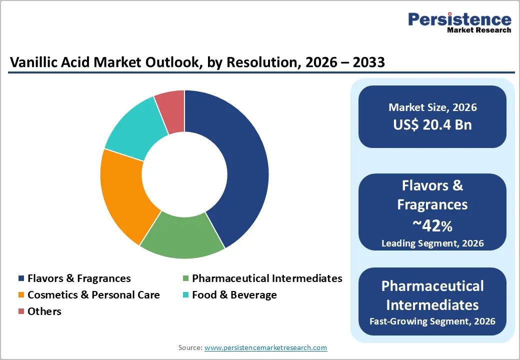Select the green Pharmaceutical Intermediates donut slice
point(182,235)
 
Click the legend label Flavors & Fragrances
point(79,278)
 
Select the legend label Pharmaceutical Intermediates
point(267,278)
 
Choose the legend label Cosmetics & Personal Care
point(93,295)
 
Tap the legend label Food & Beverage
point(234,295)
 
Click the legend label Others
point(44,311)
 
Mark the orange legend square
point(21,295)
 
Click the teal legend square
point(185,295)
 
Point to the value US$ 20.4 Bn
point(432,124)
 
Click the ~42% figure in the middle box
point(432,226)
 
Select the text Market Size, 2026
point(432,107)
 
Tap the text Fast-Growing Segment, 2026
point(432,321)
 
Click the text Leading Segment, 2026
point(432,243)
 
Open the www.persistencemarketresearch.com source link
point(265,347)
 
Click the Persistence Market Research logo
point(459,22)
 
